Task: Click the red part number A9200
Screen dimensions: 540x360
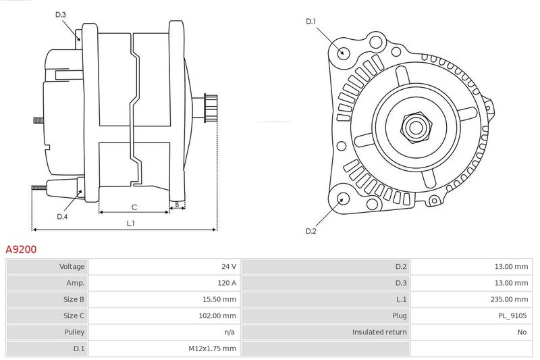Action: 21,249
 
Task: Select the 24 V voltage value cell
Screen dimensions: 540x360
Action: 229,266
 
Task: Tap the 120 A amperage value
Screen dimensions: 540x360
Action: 227,283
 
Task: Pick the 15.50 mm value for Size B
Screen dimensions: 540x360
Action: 219,299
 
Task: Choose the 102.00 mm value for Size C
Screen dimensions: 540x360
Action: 217,315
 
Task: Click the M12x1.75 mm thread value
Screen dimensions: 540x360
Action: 212,349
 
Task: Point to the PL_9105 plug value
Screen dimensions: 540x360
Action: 512,315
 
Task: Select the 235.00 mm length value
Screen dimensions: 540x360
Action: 509,299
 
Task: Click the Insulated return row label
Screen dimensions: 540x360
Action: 379,332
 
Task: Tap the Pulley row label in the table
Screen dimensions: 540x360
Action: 74,332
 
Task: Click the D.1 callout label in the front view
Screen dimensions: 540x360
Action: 311,22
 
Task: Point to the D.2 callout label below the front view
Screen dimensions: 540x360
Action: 311,231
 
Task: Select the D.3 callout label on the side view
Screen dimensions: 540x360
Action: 61,14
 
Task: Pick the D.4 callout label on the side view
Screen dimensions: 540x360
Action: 62,217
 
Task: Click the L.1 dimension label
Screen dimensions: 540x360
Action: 130,224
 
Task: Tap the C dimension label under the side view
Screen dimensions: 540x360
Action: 134,207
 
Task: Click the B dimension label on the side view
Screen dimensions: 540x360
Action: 177,204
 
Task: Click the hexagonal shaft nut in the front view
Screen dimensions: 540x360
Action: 416,127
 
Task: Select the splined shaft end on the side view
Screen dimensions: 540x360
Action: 211,108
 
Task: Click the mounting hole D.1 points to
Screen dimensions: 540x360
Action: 342,53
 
